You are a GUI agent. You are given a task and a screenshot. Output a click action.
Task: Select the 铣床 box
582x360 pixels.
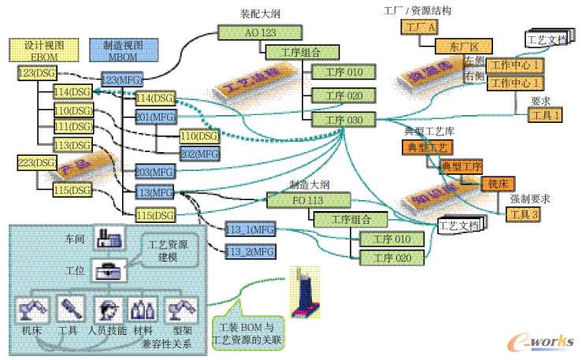point(497,183)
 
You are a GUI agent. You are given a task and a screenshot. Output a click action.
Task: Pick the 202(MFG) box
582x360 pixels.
point(199,154)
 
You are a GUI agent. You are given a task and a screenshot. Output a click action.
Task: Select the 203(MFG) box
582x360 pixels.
point(154,172)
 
